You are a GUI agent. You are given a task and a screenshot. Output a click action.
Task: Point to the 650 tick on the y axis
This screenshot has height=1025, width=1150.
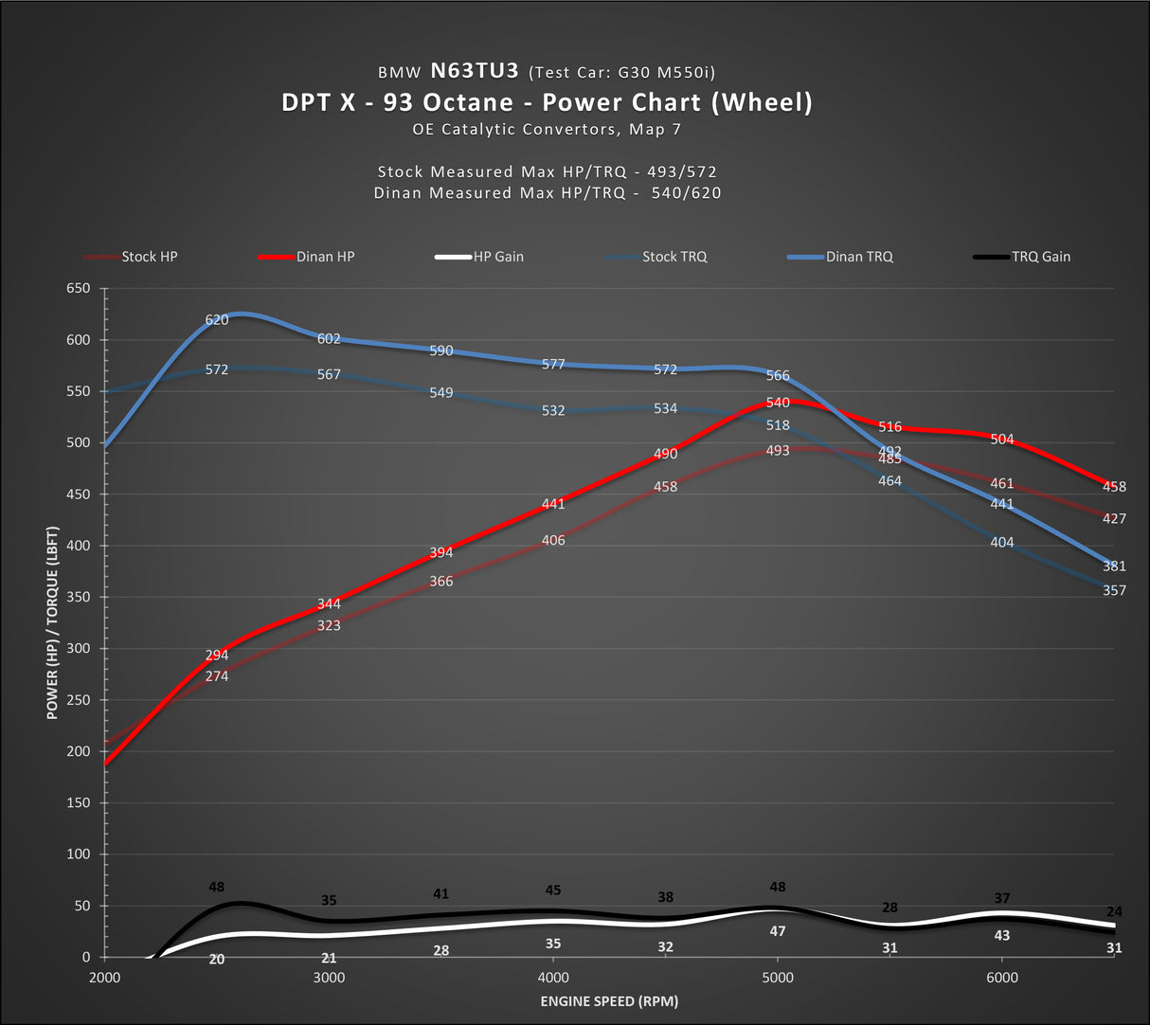[x=79, y=289]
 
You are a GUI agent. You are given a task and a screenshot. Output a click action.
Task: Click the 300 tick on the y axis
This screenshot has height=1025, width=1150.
[x=79, y=649]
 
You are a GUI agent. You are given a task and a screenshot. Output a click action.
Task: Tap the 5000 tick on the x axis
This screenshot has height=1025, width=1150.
[x=778, y=978]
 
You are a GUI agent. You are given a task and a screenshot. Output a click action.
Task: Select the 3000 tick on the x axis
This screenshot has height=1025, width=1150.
[x=329, y=978]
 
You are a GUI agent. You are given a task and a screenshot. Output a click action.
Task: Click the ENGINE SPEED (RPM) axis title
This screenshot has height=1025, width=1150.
[x=609, y=1001]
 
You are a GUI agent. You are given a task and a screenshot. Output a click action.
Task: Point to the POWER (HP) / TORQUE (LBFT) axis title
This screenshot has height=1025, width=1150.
[x=52, y=623]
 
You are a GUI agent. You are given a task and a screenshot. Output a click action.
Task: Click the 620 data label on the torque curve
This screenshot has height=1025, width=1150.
[x=217, y=320]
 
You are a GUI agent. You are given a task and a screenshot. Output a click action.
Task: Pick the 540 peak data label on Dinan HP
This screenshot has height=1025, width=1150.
[x=778, y=403]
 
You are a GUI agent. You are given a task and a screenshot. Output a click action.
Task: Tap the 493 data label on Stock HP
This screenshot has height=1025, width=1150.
[x=778, y=451]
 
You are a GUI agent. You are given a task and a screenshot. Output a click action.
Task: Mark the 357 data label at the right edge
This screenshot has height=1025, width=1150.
[x=1114, y=591]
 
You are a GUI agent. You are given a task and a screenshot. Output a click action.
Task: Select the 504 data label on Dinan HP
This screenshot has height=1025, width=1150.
[x=1002, y=440]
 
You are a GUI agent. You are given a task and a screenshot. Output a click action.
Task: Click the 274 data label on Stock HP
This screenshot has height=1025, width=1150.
[x=217, y=676]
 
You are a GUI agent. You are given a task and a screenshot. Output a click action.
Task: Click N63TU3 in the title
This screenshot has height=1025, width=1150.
[x=475, y=71]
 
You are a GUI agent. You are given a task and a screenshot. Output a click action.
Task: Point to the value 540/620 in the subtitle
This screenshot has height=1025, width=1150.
[x=686, y=193]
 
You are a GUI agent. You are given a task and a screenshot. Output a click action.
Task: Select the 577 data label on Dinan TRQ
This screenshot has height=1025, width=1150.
[x=553, y=365]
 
